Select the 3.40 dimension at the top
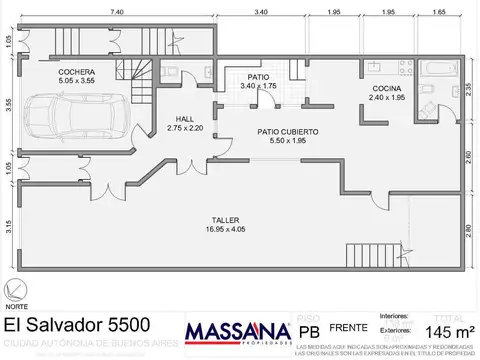click(259, 11)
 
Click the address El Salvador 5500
click(77, 325)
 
